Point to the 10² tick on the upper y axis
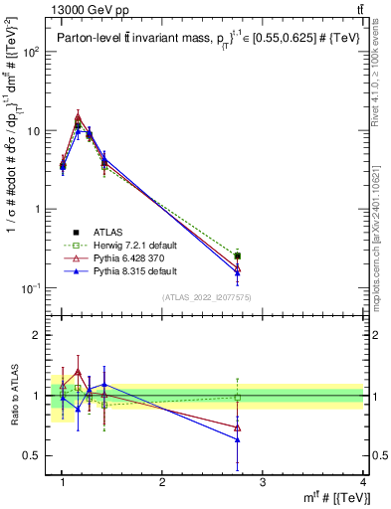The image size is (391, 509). [36, 52]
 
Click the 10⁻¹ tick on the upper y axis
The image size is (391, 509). [36, 288]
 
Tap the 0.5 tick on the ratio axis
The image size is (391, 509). [36, 455]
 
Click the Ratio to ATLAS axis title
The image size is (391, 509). [13, 396]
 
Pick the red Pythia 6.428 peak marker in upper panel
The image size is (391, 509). [78, 116]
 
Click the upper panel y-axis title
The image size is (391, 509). [13, 169]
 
